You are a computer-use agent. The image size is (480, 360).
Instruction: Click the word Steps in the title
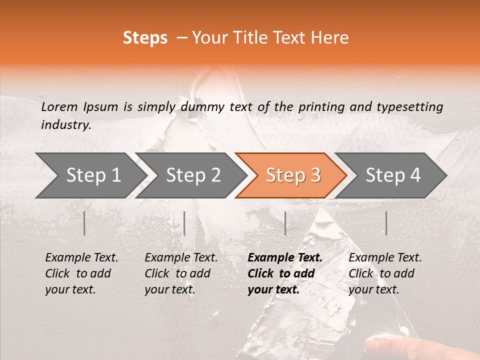click(145, 38)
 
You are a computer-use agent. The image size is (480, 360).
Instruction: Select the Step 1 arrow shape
click(90, 175)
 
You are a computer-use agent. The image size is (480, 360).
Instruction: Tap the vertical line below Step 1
click(84, 223)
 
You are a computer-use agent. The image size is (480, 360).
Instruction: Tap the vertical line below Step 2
click(184, 223)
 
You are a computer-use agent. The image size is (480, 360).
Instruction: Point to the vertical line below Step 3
click(285, 223)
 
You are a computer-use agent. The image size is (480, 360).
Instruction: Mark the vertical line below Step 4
click(386, 223)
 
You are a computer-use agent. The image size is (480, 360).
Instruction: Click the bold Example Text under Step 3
click(285, 273)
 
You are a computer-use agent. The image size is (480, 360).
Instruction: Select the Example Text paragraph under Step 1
click(81, 273)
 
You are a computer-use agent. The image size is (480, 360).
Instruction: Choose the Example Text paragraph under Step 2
click(181, 273)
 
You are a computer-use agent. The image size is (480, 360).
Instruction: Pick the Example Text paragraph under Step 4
click(385, 273)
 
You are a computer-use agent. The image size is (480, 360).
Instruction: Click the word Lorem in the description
click(59, 106)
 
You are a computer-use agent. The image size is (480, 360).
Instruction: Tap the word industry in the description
click(66, 125)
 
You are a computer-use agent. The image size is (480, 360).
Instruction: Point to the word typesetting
click(409, 106)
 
